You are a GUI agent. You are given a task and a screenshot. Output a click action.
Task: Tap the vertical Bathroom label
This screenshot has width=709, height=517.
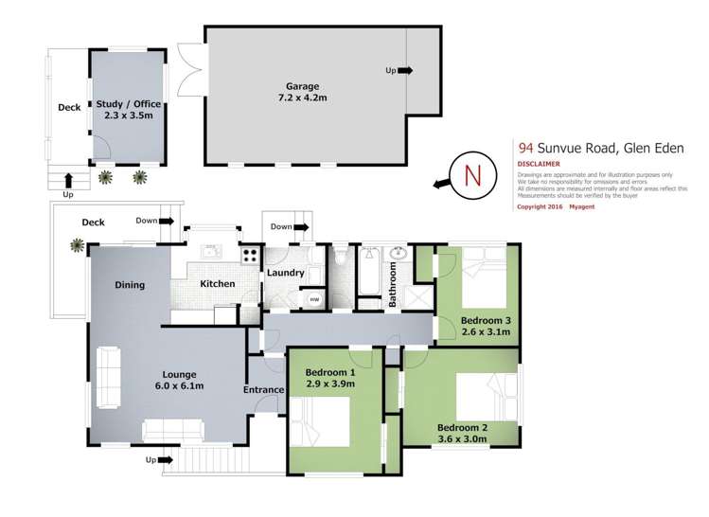(392, 284)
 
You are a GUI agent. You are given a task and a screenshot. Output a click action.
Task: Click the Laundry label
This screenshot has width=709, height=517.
(286, 273)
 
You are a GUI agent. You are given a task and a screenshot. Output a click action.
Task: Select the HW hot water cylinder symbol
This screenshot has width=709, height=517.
(314, 299)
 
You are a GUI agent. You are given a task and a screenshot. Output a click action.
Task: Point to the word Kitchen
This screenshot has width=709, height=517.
(217, 284)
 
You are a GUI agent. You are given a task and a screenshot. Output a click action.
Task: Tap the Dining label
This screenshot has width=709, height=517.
(130, 285)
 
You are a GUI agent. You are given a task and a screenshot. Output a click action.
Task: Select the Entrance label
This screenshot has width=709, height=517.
(263, 390)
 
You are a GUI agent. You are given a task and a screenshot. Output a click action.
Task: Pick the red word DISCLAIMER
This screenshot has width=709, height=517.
(540, 163)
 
